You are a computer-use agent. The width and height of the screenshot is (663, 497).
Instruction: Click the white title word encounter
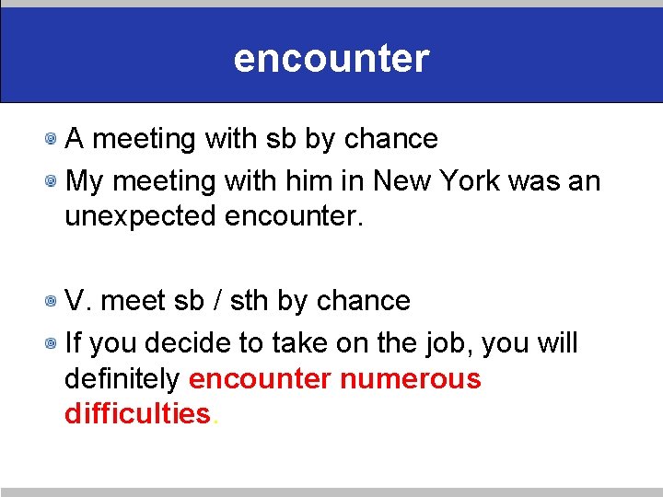331,58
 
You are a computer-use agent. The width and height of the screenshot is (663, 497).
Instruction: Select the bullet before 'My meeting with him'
56,181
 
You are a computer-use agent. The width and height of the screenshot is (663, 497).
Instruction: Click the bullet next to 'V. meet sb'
56,302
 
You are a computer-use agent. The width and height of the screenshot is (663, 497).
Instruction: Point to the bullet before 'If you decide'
56,344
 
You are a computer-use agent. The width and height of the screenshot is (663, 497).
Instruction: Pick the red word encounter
260,378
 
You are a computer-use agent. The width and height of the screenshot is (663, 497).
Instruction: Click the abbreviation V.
78,301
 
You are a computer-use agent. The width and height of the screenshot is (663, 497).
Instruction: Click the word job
450,344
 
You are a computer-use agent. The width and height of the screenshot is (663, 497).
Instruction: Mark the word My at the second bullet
85,181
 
